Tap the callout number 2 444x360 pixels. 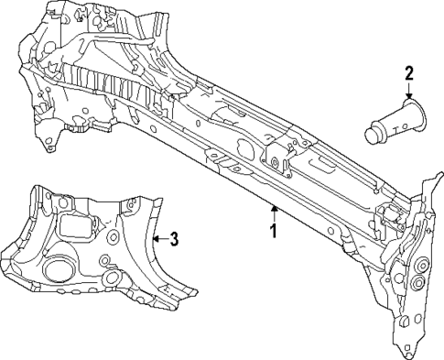(409, 74)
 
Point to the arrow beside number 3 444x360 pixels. (157, 239)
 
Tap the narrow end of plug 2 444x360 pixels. (374, 134)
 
